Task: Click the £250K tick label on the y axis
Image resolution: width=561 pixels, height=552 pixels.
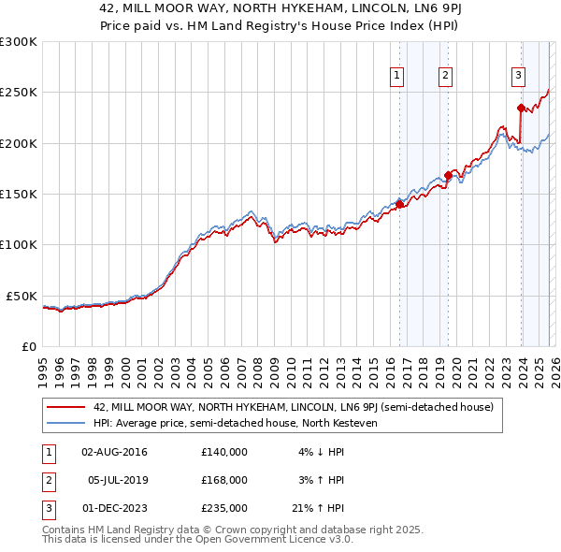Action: [x=19, y=93]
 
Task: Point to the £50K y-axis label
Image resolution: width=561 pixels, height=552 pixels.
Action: [x=22, y=296]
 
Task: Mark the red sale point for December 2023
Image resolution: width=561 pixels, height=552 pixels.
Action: [x=519, y=108]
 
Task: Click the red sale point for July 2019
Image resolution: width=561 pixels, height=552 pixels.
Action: [x=448, y=175]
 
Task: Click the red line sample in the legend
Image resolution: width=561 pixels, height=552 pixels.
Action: [x=66, y=406]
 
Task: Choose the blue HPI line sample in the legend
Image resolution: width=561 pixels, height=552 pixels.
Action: [x=66, y=423]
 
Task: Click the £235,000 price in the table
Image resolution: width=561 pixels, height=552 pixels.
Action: [x=223, y=508]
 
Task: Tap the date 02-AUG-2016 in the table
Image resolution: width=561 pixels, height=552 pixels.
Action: [x=114, y=452]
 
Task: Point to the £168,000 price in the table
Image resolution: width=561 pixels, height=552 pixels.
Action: [x=223, y=480]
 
